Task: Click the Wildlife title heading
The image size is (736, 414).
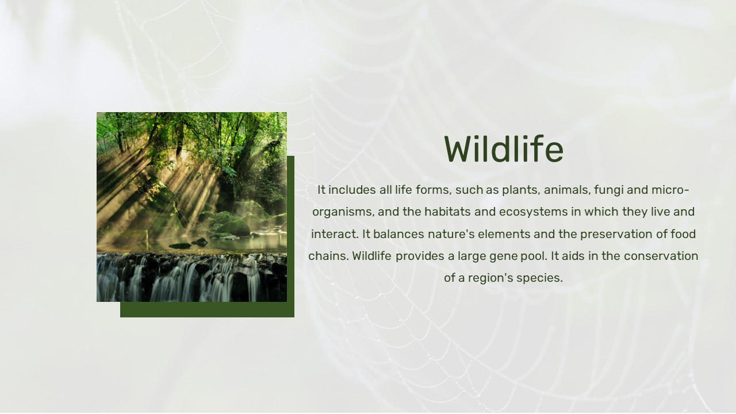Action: [x=504, y=149]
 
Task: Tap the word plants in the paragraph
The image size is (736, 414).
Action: [x=521, y=190]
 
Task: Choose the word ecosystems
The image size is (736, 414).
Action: [x=533, y=212]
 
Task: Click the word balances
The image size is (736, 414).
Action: [x=398, y=234]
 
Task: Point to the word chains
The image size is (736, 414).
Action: [x=328, y=256]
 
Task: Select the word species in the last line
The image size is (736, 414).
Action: [x=539, y=278]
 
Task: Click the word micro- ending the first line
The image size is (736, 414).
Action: [x=670, y=190]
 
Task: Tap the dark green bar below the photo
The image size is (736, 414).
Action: [x=207, y=309]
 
